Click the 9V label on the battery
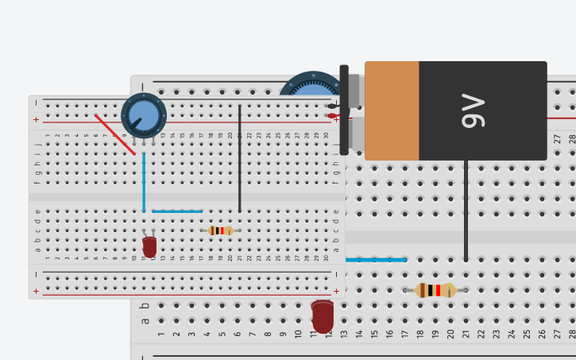(x=474, y=110)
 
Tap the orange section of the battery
(x=392, y=110)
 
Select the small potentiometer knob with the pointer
(x=144, y=116)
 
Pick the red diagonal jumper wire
(x=115, y=134)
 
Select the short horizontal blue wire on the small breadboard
(x=177, y=211)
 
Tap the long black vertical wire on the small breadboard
(x=240, y=159)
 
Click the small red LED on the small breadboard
(x=149, y=247)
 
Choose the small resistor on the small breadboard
(x=220, y=230)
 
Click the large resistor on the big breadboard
(x=435, y=290)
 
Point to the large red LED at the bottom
(x=323, y=316)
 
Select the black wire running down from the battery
(x=466, y=211)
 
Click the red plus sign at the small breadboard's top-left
(x=36, y=120)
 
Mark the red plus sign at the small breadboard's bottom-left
(x=36, y=291)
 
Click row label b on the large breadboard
(x=145, y=305)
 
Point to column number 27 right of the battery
(x=557, y=138)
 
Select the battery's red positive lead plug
(x=332, y=116)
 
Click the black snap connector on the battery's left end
(x=344, y=110)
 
